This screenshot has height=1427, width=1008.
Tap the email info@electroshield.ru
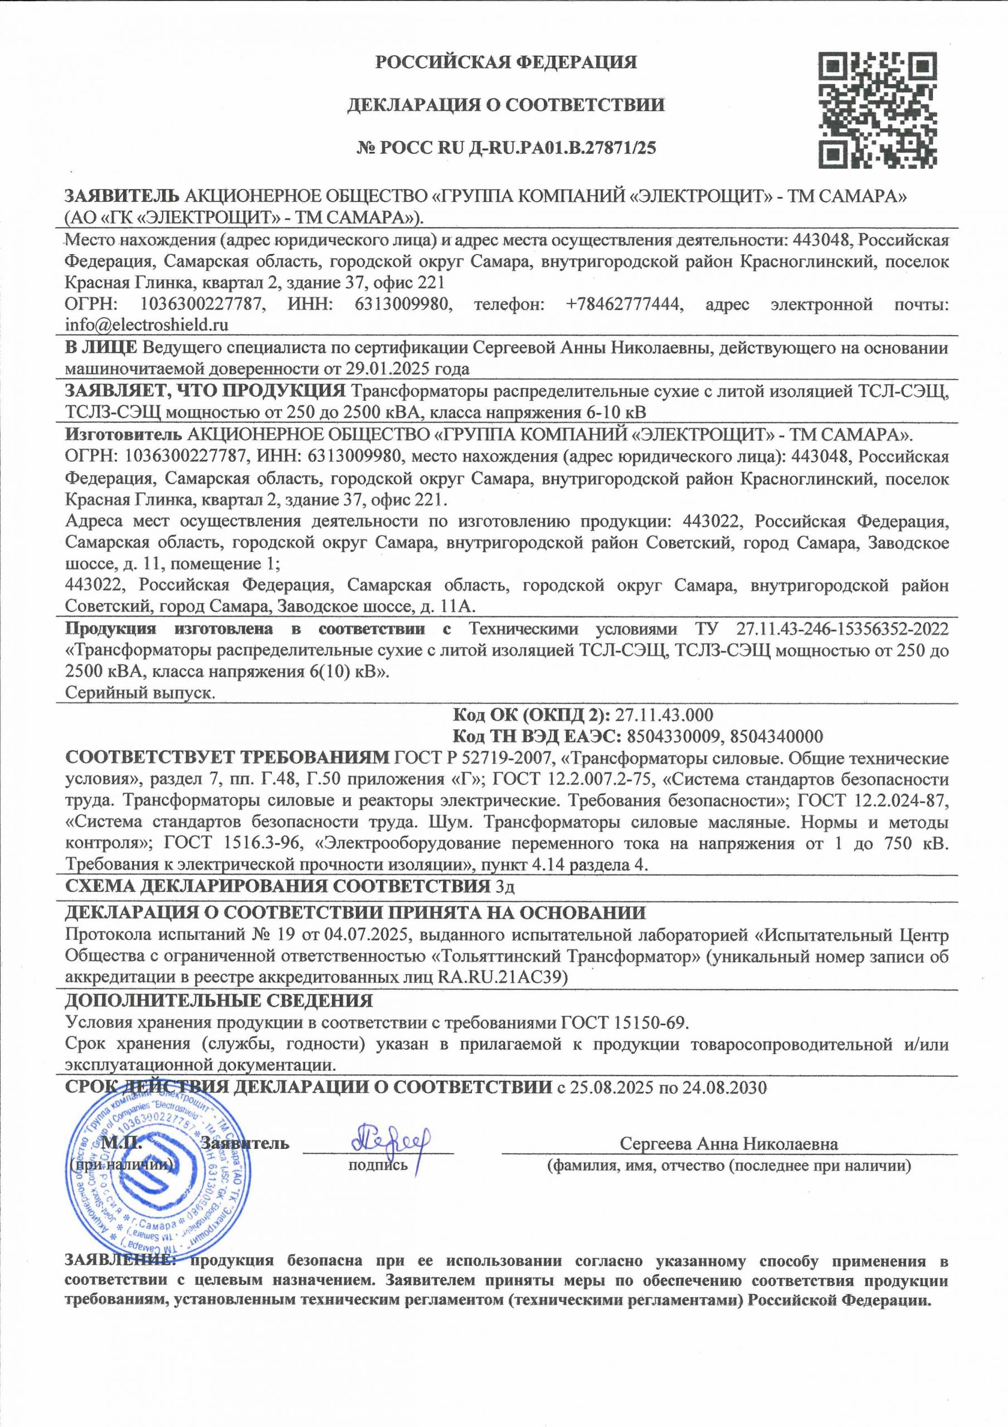coord(147,324)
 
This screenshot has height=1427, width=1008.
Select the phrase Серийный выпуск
coord(140,692)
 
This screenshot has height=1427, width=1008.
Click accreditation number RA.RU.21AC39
coord(502,977)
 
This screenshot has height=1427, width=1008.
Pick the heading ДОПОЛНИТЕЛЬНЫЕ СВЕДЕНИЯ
coord(219,1001)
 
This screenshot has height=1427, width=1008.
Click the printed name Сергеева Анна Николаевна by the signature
coord(729,1144)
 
